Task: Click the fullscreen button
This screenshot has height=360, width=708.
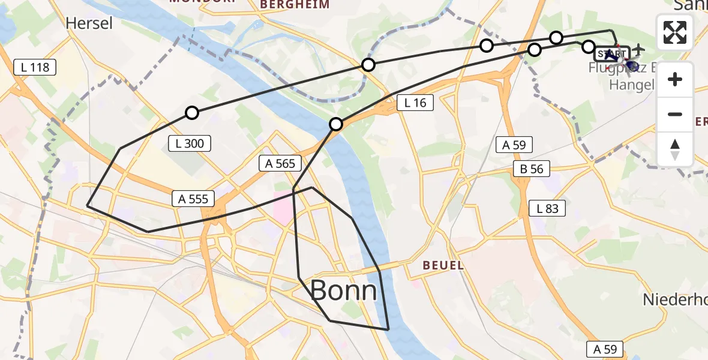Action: [x=675, y=32]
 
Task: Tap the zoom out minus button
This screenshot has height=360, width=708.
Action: [x=675, y=114]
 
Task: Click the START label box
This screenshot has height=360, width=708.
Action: [x=611, y=54]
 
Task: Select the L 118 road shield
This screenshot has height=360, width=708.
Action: [x=35, y=67]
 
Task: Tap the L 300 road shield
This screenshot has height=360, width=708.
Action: [x=190, y=143]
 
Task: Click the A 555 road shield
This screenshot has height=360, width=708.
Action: [x=193, y=199]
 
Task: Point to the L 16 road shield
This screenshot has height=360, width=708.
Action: [x=415, y=103]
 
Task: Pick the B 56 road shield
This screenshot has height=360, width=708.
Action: [x=532, y=169]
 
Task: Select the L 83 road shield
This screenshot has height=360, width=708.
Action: [x=547, y=208]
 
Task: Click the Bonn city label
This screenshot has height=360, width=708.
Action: [x=344, y=291]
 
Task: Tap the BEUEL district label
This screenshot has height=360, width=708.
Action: [x=443, y=265]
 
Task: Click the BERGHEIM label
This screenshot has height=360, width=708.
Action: [x=295, y=5]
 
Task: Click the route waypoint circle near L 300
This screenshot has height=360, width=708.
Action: [x=191, y=112]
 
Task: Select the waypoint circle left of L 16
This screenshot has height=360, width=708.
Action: [x=336, y=124]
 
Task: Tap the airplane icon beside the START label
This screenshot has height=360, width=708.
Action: [x=638, y=48]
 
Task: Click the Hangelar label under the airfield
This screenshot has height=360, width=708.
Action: [x=631, y=85]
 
